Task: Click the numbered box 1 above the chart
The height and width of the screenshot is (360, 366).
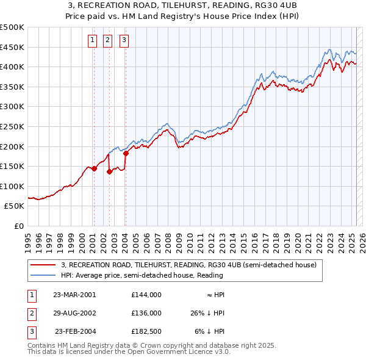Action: (92, 41)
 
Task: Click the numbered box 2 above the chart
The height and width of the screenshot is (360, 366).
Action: (107, 41)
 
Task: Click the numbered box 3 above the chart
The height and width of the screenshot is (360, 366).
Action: (124, 41)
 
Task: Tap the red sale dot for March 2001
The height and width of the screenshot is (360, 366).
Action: (95, 169)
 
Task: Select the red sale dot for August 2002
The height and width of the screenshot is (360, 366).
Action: (110, 172)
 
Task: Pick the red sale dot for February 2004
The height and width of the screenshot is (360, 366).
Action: (126, 153)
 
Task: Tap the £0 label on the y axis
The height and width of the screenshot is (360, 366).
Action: (20, 226)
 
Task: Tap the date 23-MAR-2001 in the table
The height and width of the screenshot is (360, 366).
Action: (74, 294)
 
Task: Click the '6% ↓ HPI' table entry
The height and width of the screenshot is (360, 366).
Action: (209, 332)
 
